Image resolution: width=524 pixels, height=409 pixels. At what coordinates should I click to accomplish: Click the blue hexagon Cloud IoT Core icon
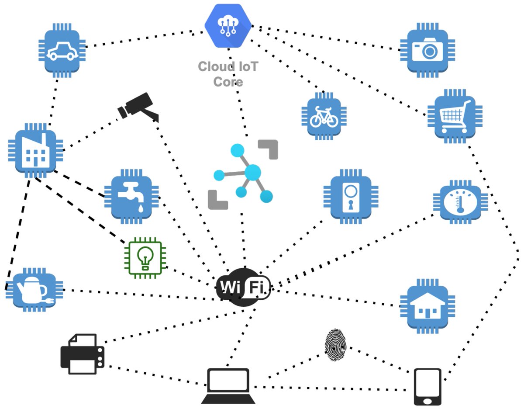[229, 25]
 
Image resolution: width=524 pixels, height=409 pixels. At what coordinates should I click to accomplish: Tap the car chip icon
[62, 51]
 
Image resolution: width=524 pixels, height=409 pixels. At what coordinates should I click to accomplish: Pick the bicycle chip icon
[324, 116]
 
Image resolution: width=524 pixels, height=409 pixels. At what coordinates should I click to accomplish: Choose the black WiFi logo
[243, 287]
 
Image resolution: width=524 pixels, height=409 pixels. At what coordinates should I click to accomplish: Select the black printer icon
[83, 354]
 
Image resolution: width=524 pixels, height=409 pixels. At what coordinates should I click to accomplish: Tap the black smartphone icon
[427, 387]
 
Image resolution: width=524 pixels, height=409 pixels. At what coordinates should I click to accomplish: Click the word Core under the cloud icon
[228, 82]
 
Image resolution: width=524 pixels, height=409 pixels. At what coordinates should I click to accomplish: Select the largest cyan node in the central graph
[252, 173]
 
